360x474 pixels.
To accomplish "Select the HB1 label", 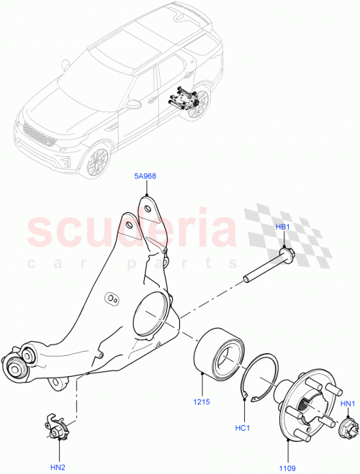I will tap(283, 227).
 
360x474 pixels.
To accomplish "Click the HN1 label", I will tap(346, 404).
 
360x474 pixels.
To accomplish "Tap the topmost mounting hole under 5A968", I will tap(147, 209).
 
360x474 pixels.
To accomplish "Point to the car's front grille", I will tap(36, 133).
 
